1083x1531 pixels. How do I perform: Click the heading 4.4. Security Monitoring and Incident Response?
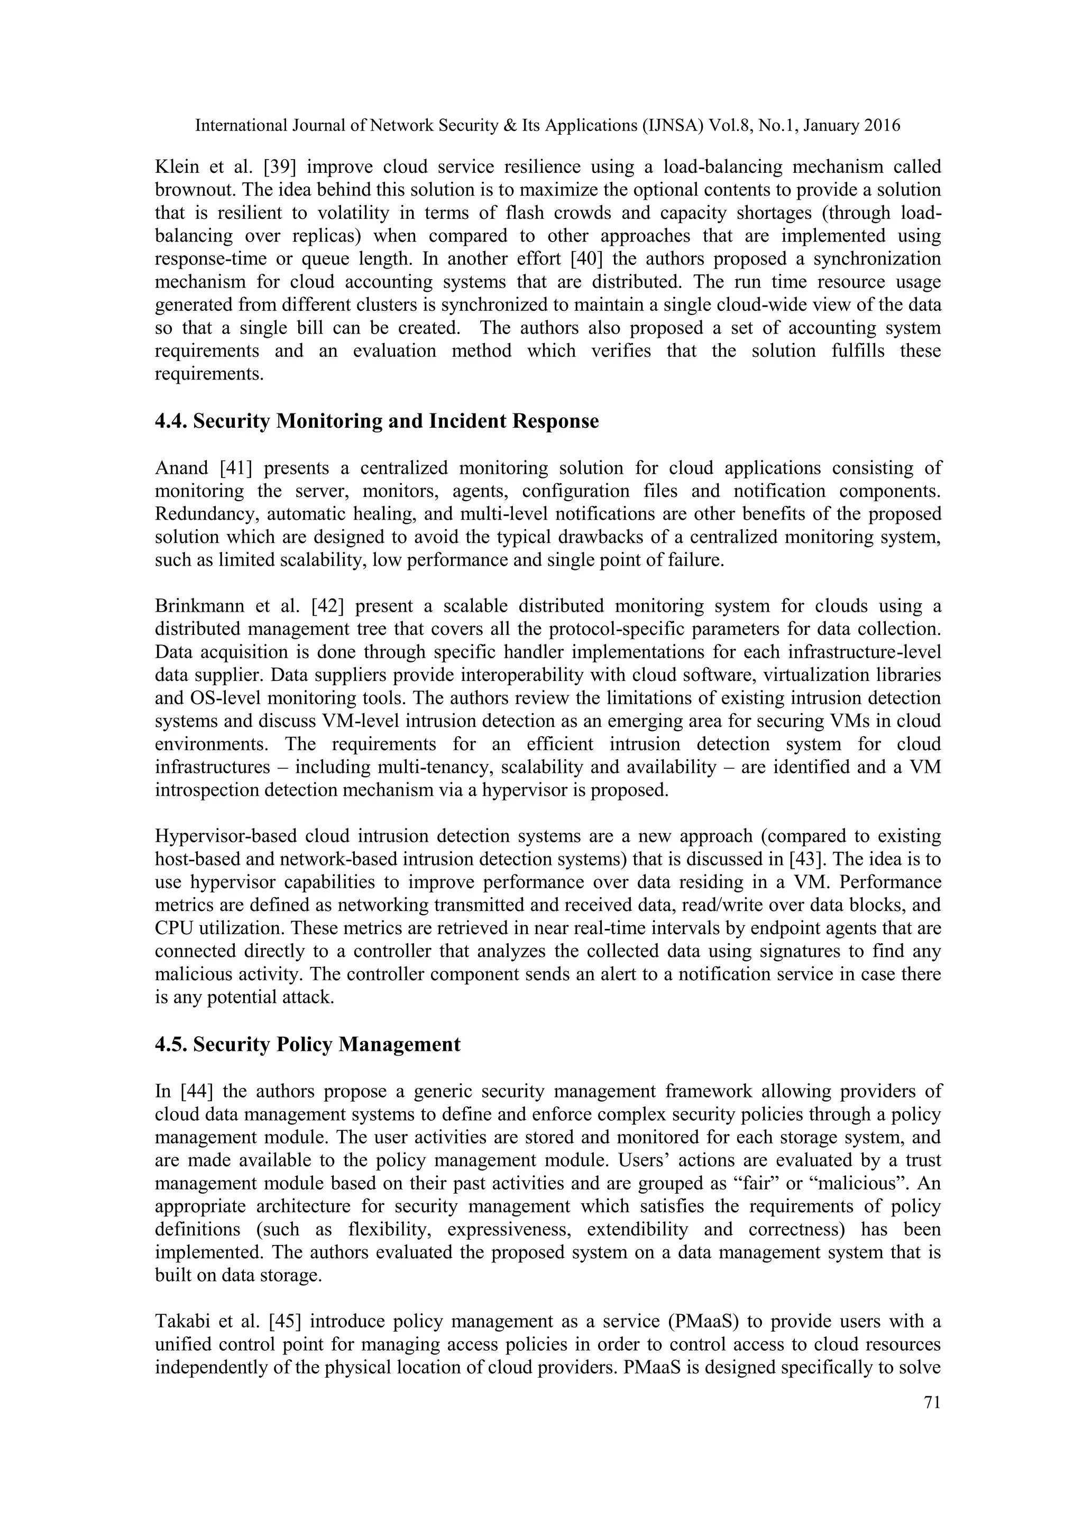click(x=377, y=421)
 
